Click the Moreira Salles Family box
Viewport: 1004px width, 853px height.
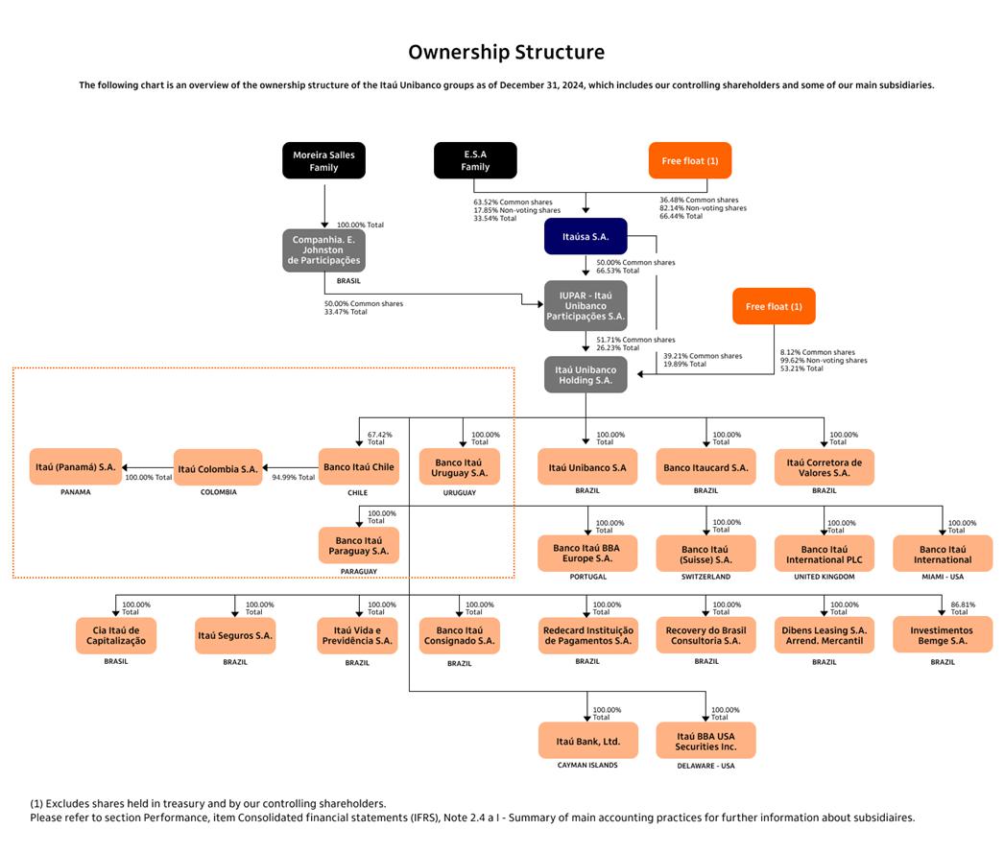pyautogui.click(x=323, y=160)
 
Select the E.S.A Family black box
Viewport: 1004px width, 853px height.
pyautogui.click(x=475, y=160)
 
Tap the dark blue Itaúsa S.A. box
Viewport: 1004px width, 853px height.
pyautogui.click(x=586, y=236)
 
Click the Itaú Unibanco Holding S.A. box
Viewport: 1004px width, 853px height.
pyautogui.click(x=586, y=374)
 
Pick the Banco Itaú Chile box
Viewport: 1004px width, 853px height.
pyautogui.click(x=359, y=467)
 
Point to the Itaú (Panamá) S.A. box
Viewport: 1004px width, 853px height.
pyautogui.click(x=76, y=467)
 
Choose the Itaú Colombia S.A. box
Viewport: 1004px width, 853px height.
pyautogui.click(x=218, y=468)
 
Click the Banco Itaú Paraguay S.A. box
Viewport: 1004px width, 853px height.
pyautogui.click(x=359, y=545)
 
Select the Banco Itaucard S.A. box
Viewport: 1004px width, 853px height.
pyautogui.click(x=705, y=467)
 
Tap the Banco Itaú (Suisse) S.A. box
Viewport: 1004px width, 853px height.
pyautogui.click(x=705, y=554)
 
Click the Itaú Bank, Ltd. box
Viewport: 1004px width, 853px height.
pyautogui.click(x=587, y=741)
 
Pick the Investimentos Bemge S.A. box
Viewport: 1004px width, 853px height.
pyautogui.click(x=943, y=635)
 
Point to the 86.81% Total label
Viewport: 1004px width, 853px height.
pyautogui.click(x=962, y=608)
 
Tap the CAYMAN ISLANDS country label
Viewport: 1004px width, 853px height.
pyautogui.click(x=587, y=766)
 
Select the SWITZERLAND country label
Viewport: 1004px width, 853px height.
pyautogui.click(x=705, y=578)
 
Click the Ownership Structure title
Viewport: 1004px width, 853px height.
pyautogui.click(x=506, y=53)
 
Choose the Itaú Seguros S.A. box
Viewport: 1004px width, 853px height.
pyautogui.click(x=235, y=635)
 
